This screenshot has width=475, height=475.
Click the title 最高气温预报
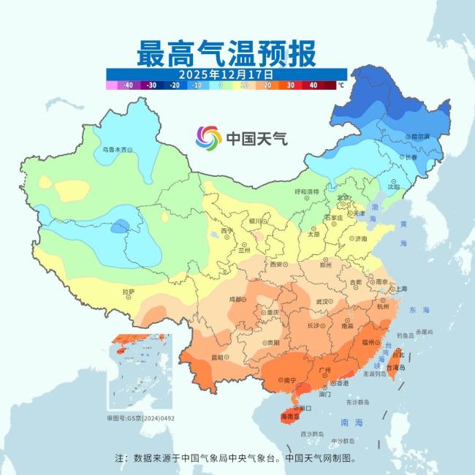coord(227,53)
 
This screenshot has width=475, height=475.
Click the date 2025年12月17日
coord(227,75)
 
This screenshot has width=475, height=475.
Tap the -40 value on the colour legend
coord(128,85)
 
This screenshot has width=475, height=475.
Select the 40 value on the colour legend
coord(313,85)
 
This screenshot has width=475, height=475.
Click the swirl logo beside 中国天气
coord(208,137)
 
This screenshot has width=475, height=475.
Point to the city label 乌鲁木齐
coord(114,149)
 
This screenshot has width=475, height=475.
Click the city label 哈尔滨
coord(419,136)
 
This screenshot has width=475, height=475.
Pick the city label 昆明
coord(217,357)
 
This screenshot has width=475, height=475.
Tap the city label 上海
coord(400,289)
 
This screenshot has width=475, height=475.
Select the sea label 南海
coord(351,422)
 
